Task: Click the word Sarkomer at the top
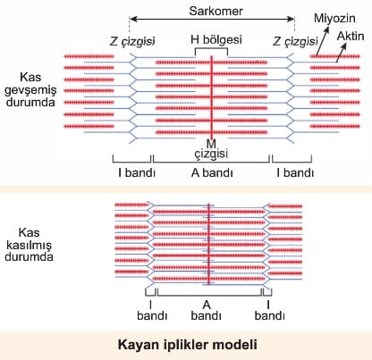(x=216, y=11)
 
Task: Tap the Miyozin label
(x=334, y=19)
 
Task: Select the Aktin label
(x=351, y=36)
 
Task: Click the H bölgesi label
(x=216, y=39)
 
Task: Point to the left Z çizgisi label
(x=132, y=41)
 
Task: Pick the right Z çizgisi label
(x=295, y=41)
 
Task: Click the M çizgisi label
(x=211, y=149)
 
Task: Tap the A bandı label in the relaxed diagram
(x=212, y=172)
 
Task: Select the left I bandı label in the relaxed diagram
(x=137, y=172)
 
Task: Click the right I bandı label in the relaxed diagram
(x=295, y=172)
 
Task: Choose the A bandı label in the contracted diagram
(x=207, y=310)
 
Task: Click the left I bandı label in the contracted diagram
(x=152, y=310)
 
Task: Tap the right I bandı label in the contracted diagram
(x=269, y=310)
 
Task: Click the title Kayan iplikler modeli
(x=188, y=345)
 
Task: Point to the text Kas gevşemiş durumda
(x=30, y=89)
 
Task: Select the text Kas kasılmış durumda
(x=29, y=245)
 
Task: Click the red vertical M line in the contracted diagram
(x=208, y=244)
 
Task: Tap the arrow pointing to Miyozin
(x=323, y=41)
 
